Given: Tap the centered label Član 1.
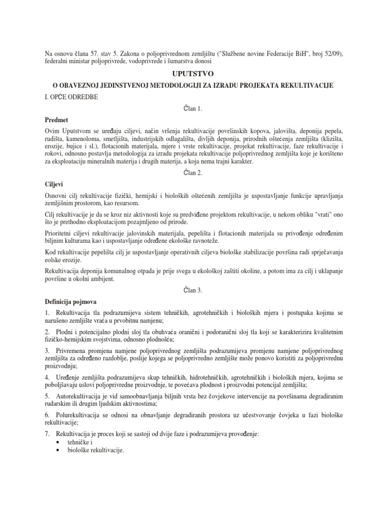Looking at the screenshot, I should pos(193,109).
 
